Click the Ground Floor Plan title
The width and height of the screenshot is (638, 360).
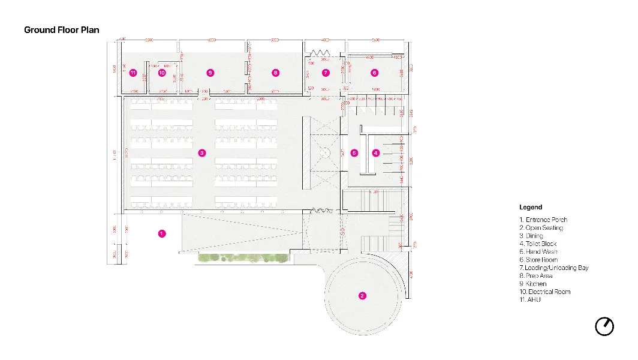62,30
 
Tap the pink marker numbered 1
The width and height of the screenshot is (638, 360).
161,233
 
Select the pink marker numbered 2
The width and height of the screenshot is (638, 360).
362,295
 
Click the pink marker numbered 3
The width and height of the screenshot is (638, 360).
202,153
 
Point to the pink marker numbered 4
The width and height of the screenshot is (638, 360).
376,153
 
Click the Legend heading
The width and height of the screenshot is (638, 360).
531,207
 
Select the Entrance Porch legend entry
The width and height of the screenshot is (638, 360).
543,220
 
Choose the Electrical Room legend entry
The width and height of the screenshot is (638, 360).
545,292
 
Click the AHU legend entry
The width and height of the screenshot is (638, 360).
530,299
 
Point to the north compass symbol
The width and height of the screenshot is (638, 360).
604,326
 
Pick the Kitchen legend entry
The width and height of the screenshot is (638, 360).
533,284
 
